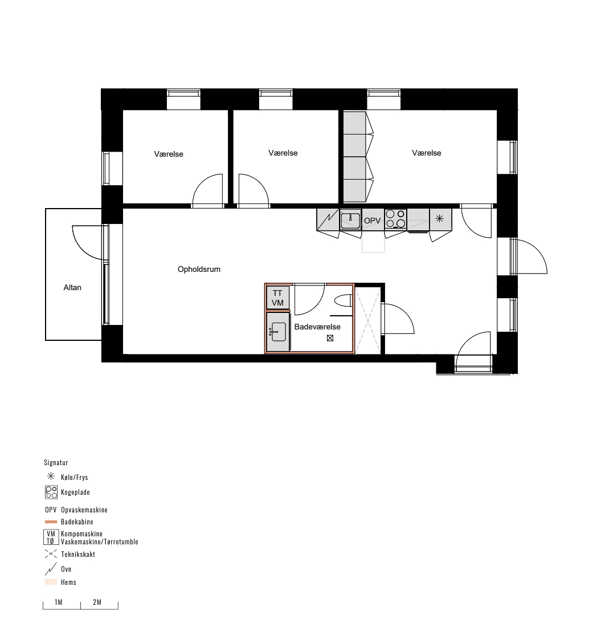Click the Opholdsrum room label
click(x=199, y=269)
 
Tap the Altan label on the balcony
click(x=72, y=287)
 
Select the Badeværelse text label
click(x=317, y=327)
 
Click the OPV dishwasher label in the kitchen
click(x=372, y=220)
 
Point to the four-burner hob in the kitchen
click(x=395, y=219)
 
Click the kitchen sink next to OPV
click(x=350, y=220)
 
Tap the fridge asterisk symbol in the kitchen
click(x=440, y=218)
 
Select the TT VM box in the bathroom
click(x=278, y=298)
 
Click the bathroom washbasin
click(x=278, y=332)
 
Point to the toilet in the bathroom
click(x=343, y=301)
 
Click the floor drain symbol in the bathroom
click(x=330, y=338)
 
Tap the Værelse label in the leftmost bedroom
click(x=169, y=154)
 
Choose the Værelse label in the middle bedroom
click(x=283, y=153)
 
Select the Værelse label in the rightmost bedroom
click(x=427, y=153)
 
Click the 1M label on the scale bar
click(x=59, y=602)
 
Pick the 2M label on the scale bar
click(x=97, y=602)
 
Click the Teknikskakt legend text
click(x=78, y=554)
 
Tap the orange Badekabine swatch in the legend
click(x=51, y=522)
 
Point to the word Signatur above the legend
click(x=56, y=463)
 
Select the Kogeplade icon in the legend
click(x=51, y=492)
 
